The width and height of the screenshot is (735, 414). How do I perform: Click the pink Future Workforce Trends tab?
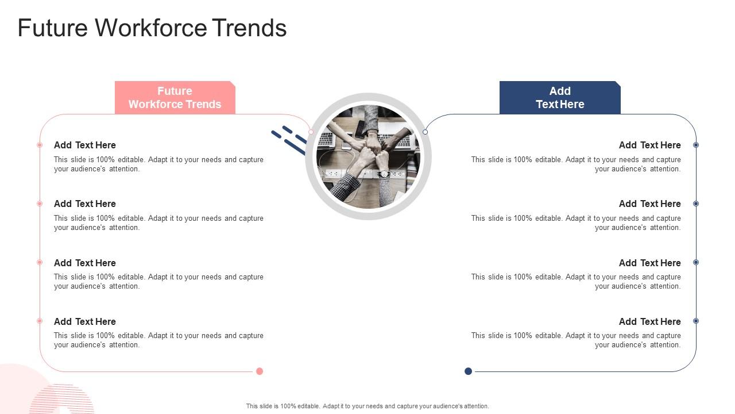175,98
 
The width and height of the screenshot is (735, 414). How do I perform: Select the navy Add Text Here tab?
560,98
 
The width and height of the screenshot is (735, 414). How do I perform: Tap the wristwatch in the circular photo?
384,174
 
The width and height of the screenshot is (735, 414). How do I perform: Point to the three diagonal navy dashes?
289,140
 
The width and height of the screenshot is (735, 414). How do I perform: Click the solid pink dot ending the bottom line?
260,371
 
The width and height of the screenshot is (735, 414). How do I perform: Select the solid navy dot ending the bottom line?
468,371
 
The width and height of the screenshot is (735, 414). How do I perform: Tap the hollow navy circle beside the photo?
425,132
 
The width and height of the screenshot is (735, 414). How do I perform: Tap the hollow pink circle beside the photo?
311,132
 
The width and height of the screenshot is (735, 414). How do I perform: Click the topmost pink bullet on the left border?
40,145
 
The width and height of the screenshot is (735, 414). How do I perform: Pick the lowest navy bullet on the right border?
695,321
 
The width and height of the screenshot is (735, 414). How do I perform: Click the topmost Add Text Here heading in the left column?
84,145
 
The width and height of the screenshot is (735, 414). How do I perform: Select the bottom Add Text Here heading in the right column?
649,321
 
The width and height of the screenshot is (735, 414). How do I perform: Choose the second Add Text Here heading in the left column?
84,204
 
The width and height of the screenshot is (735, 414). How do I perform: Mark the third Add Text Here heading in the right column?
649,263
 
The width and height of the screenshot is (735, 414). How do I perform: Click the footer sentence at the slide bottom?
367,406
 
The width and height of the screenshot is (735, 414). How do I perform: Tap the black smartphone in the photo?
360,129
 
